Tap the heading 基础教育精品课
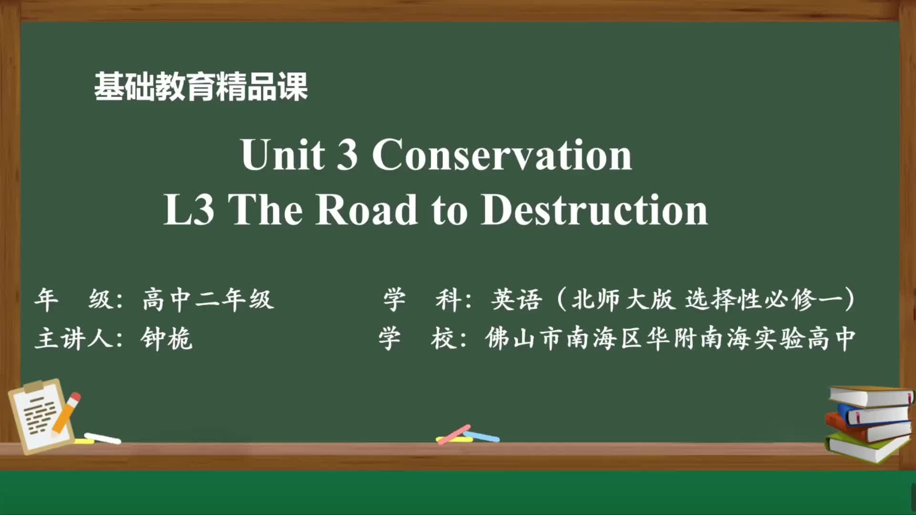click(201, 86)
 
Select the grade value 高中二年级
click(208, 299)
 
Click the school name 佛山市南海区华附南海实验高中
click(670, 339)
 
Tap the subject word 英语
click(517, 299)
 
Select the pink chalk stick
click(454, 434)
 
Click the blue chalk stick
click(482, 436)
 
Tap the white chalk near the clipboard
click(103, 438)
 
